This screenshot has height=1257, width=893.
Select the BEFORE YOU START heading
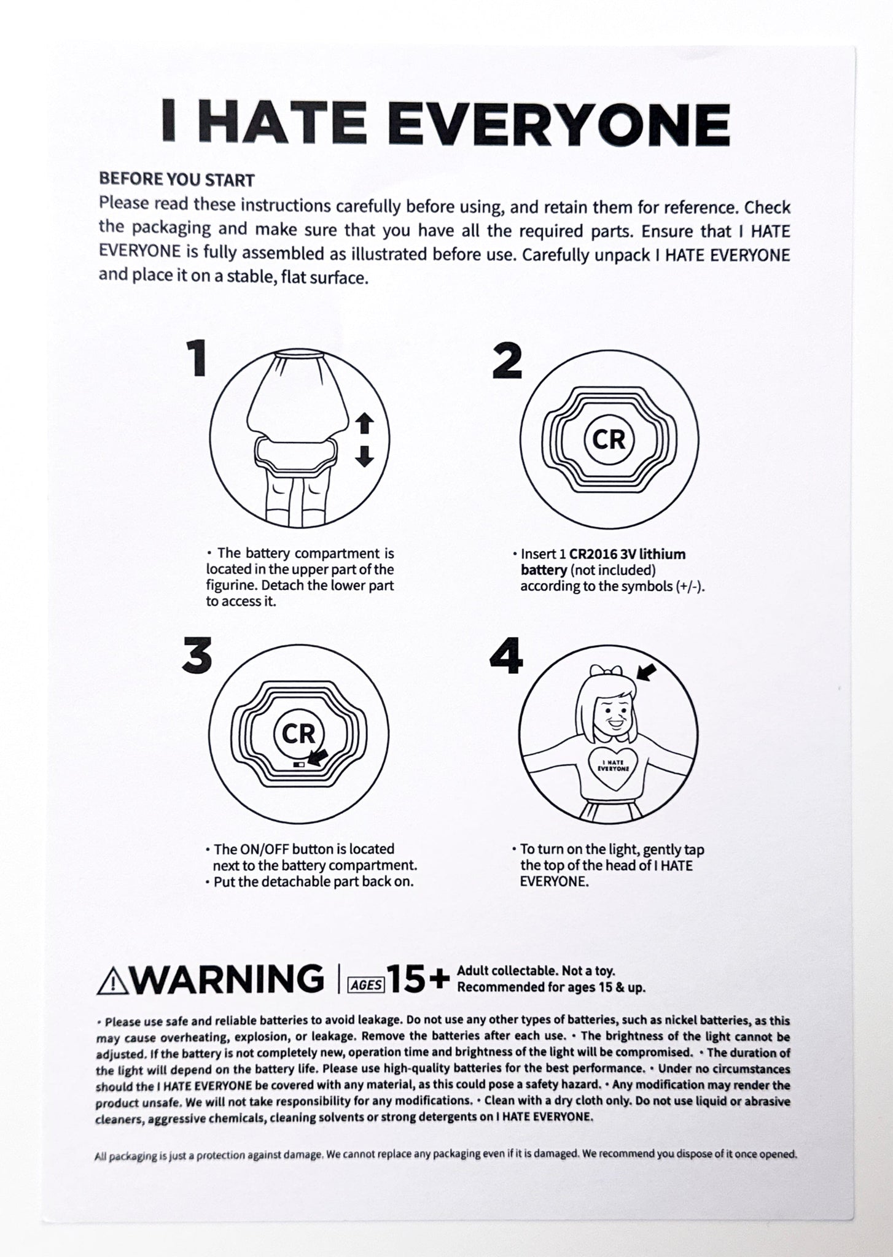coord(177,180)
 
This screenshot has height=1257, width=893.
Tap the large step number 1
coord(198,359)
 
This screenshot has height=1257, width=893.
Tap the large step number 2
coord(508,361)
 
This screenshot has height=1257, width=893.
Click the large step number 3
coord(198,655)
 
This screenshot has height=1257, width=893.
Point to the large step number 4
coord(507,655)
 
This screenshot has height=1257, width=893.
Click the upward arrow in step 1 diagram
coord(365,424)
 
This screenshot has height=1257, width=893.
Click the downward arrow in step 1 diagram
coord(365,456)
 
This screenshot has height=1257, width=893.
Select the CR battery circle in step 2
coord(608,439)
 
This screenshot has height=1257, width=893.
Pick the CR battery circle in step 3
coord(298,733)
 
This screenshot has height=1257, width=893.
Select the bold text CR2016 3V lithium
coord(627,554)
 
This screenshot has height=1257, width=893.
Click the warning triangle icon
coord(111,980)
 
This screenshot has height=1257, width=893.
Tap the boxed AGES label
coord(366,985)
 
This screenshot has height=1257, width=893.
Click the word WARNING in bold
coord(225,979)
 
